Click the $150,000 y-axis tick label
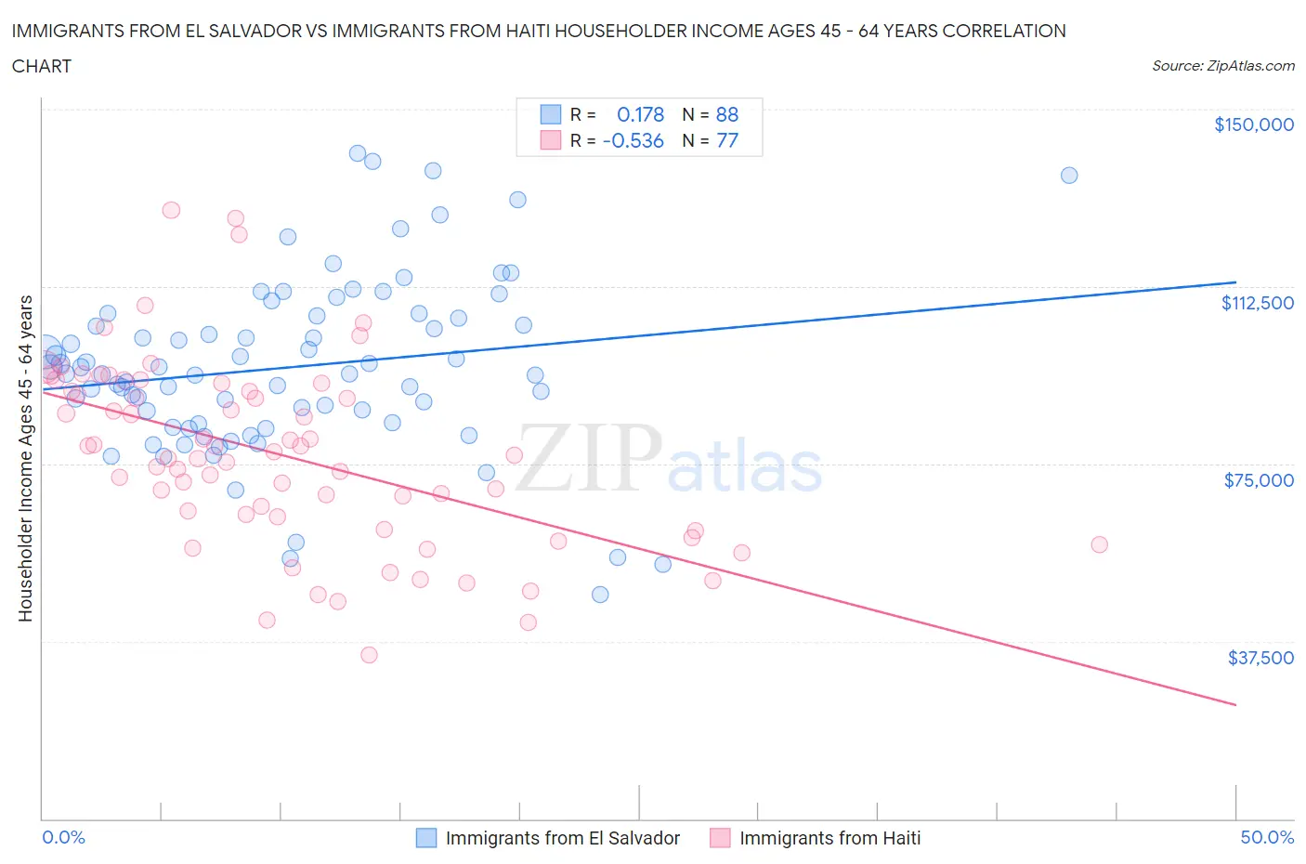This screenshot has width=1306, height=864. click(x=1253, y=124)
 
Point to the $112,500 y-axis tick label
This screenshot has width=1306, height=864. click(x=1257, y=303)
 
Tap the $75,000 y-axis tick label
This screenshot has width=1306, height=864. click(x=1259, y=480)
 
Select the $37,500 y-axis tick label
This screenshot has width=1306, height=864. click(x=1260, y=658)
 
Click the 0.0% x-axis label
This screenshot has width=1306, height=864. click(x=63, y=837)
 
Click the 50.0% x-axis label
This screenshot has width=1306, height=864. click(x=1267, y=837)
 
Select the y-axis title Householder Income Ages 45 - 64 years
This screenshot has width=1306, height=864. click(x=26, y=458)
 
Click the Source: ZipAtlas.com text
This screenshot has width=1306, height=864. click(x=1222, y=65)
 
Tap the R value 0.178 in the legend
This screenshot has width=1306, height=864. click(x=640, y=114)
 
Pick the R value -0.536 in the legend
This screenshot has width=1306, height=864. click(x=633, y=140)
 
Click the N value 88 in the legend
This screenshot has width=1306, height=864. click(x=726, y=114)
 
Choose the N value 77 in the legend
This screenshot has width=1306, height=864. click(x=726, y=140)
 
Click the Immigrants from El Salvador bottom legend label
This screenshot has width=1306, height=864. click(x=562, y=838)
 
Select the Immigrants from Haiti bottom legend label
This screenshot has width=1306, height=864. click(x=829, y=838)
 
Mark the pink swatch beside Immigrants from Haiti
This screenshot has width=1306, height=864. click(x=720, y=838)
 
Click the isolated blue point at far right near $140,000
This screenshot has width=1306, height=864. click(x=1069, y=176)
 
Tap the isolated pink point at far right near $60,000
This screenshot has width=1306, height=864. click(x=1099, y=544)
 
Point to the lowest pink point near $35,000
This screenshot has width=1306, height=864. click(x=369, y=655)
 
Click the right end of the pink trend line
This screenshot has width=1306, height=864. click(x=1235, y=705)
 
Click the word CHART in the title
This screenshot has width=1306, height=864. click(x=42, y=66)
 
